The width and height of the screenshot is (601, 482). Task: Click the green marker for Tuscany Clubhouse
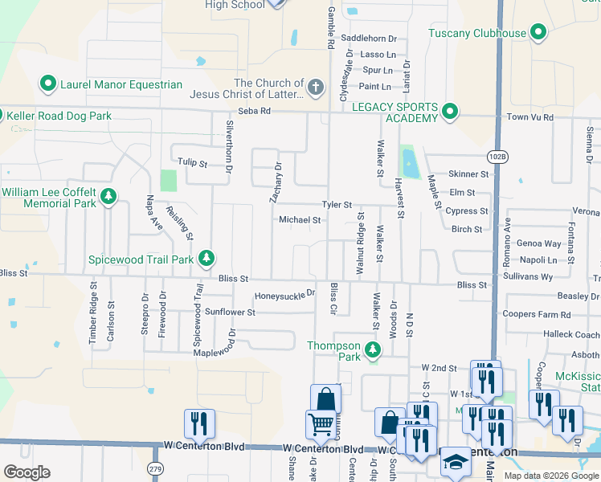click(538, 33)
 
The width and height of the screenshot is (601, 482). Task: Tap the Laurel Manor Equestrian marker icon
click(47, 84)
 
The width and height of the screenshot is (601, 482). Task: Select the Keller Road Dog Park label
click(60, 116)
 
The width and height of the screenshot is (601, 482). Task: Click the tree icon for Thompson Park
click(372, 349)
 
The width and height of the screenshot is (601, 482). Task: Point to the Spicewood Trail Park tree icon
click(206, 258)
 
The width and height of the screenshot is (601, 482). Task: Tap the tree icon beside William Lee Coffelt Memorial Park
click(108, 196)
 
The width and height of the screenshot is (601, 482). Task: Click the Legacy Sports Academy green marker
click(449, 112)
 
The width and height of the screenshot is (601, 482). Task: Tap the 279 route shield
click(156, 468)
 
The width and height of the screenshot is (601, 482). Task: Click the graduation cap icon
click(455, 462)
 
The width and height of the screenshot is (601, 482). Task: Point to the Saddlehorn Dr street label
click(369, 38)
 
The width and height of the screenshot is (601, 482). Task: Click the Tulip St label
click(192, 163)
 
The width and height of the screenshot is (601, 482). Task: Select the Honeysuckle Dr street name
click(284, 295)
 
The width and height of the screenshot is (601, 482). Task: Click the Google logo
click(27, 472)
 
